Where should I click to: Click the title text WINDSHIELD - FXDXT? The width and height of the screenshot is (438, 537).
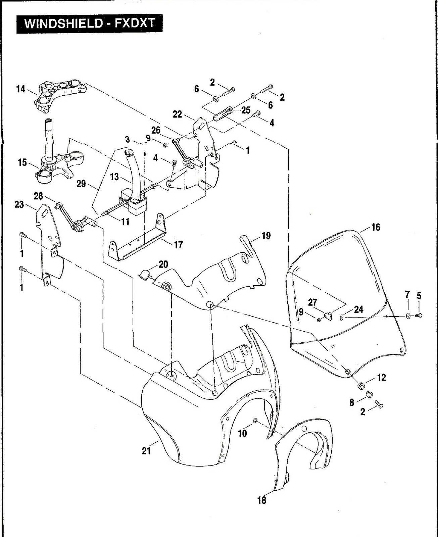90,23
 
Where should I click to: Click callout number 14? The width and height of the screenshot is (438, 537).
21,89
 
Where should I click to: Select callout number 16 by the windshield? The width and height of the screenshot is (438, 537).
376,227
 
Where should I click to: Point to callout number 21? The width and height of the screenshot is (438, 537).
146,451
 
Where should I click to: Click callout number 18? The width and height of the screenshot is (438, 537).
261,500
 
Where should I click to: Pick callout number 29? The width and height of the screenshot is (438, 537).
82,184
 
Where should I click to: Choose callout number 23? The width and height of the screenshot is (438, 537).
19,204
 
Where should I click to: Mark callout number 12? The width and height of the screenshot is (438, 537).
382,378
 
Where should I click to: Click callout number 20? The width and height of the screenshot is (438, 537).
163,264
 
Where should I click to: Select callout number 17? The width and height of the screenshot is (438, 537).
178,244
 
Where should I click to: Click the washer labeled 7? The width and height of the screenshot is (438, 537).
408,315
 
